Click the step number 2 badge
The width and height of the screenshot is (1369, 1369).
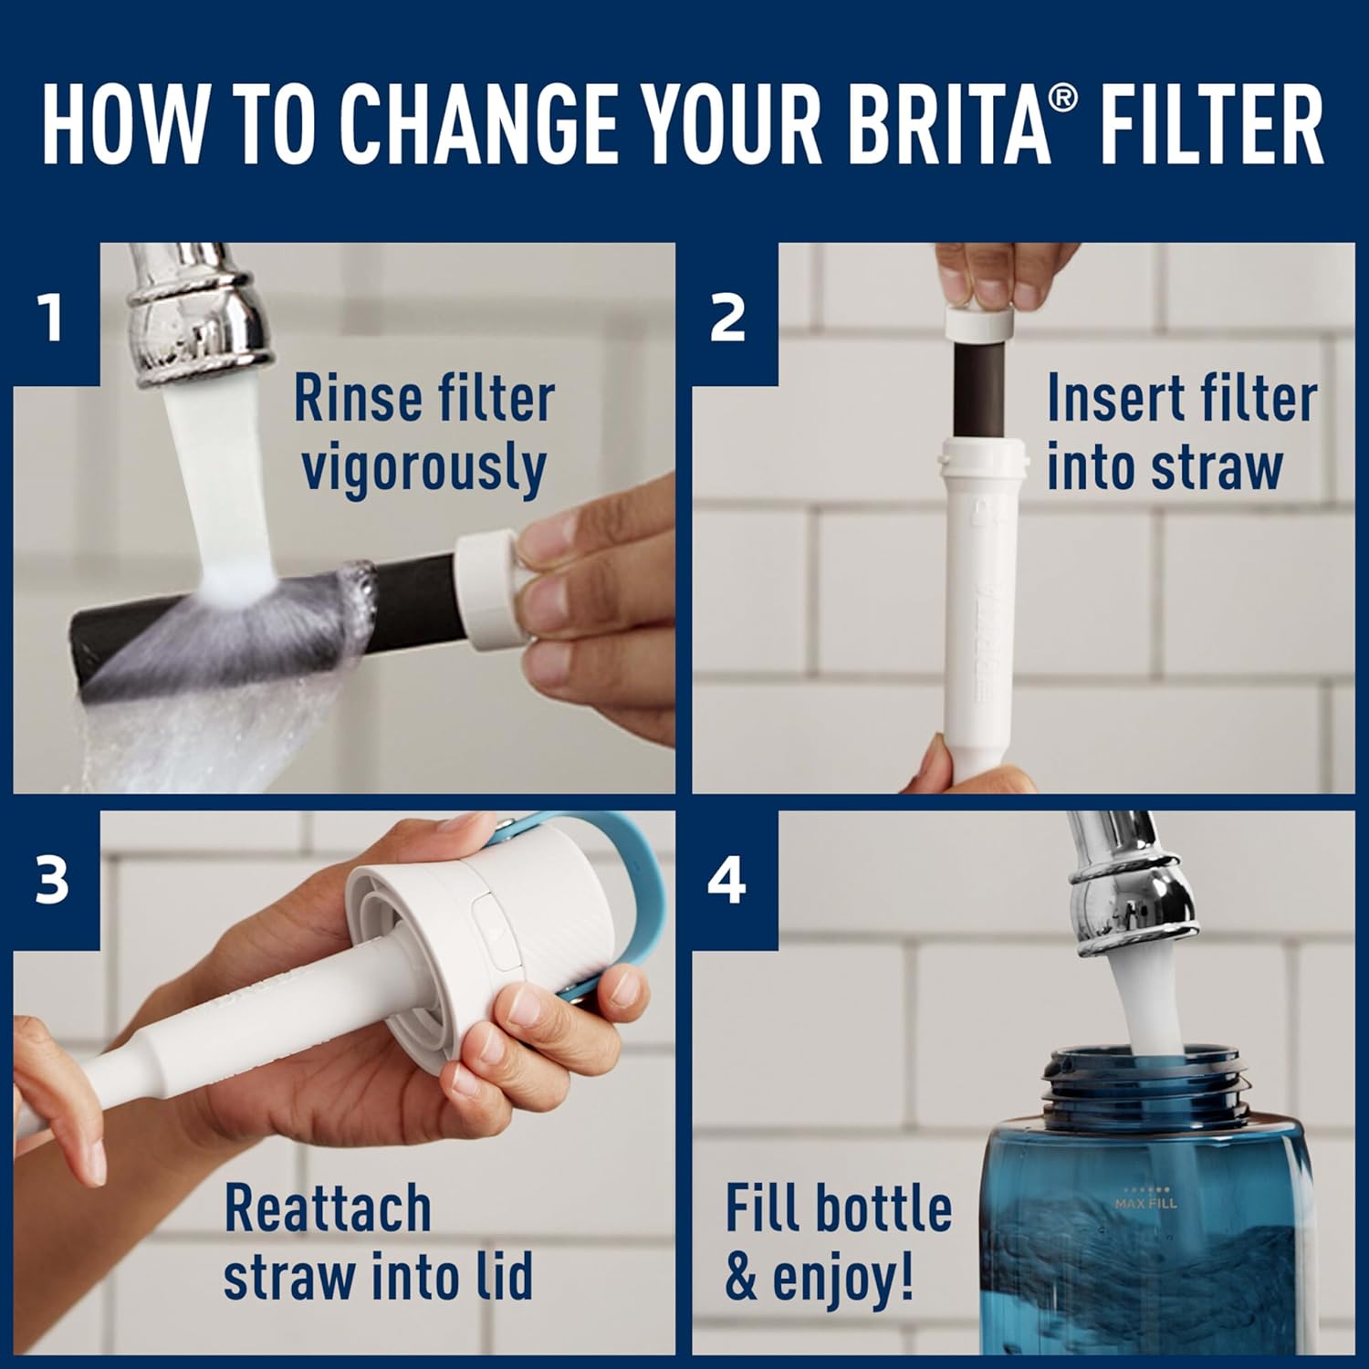tap(727, 319)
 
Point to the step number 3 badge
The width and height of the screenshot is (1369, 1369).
tap(52, 881)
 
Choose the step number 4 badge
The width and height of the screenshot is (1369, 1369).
tap(727, 881)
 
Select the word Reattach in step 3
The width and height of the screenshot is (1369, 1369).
tap(328, 1209)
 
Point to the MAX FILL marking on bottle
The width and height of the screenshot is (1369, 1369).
tap(1145, 1203)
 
